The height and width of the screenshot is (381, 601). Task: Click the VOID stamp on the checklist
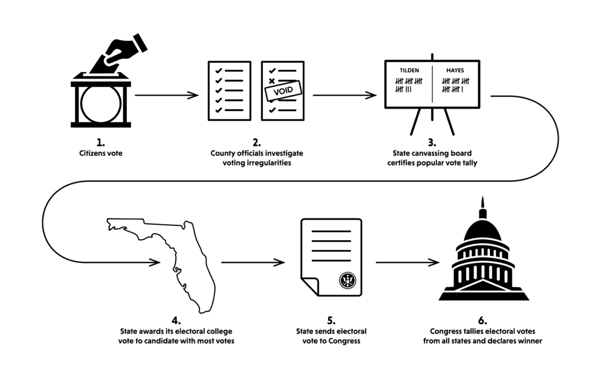[x=283, y=91]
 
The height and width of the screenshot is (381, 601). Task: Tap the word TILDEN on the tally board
[x=409, y=70]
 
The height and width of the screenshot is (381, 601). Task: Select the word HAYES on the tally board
[x=455, y=70]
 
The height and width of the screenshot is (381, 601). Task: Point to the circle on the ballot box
[x=101, y=104]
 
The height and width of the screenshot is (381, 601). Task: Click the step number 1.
[x=100, y=143]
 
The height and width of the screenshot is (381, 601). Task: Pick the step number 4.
[x=176, y=321]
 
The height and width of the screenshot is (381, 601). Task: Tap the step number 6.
[x=482, y=321]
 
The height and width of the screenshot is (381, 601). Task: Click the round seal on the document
[x=347, y=280]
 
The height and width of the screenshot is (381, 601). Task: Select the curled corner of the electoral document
[x=310, y=286]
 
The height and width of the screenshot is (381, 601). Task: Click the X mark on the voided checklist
[x=272, y=81]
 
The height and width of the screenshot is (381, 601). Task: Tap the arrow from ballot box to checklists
[x=167, y=95]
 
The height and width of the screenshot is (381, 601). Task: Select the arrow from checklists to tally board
[x=345, y=95]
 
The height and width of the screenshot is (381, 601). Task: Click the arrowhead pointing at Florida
[x=155, y=262]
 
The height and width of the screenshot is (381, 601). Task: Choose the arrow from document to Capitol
[x=407, y=262]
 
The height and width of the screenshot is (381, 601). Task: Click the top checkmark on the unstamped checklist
[x=219, y=71]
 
